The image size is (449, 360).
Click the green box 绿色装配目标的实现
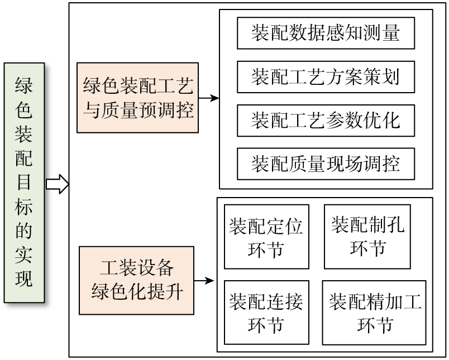[23, 183]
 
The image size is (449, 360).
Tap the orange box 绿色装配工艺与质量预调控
[138, 98]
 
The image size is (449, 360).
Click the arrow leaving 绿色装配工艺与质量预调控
[208, 98]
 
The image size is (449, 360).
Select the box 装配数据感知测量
[326, 33]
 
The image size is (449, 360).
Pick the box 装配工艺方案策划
[326, 76]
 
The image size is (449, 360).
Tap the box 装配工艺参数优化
[326, 120]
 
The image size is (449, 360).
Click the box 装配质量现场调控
[326, 164]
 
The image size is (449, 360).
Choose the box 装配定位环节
[266, 237]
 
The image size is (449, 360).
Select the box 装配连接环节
[266, 312]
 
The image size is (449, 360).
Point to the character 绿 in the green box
[23, 85]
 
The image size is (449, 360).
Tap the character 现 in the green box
[23, 279]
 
